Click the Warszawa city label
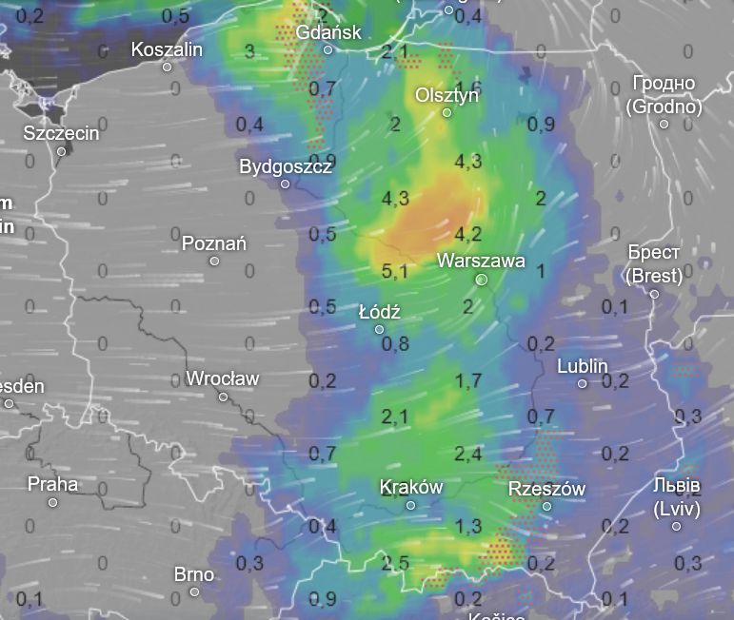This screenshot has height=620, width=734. [481, 261]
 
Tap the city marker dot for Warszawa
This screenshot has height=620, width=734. [482, 280]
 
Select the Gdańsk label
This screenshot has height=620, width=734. [328, 32]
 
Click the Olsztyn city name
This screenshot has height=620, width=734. [446, 95]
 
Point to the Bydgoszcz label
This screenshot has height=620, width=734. [286, 166]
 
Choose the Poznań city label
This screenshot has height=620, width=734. [214, 243]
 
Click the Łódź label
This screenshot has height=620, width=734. [380, 312]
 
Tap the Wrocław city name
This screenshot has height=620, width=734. [223, 378]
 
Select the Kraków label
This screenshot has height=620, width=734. [411, 487]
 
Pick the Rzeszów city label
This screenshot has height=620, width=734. [546, 489]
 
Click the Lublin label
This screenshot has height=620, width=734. [583, 366]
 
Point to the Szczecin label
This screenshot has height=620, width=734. [61, 133]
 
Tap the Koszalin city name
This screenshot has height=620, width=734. [167, 49]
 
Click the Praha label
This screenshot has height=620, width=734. [52, 484]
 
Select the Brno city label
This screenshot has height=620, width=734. [194, 574]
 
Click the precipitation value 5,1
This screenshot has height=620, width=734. [394, 271]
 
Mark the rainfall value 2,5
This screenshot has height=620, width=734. [394, 563]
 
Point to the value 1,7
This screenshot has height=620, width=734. [468, 381]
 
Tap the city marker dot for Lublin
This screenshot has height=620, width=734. [583, 384]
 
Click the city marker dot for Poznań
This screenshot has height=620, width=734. [214, 262]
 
